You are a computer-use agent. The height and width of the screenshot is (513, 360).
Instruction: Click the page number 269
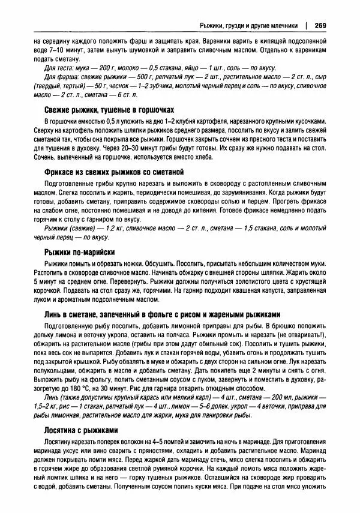click(319, 25)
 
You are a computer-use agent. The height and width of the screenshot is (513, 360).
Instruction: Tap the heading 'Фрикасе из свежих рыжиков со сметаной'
click(117, 172)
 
